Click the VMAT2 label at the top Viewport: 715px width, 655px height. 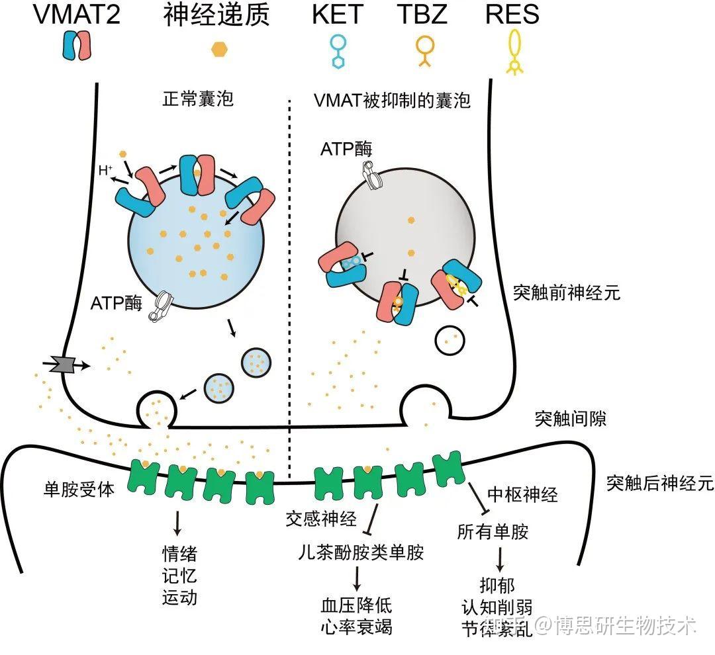click(77, 14)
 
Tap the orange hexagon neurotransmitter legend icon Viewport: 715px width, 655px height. click(219, 49)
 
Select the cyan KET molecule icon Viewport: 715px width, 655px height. click(338, 52)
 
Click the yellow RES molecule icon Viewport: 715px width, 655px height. click(515, 52)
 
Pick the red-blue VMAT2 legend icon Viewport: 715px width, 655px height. click(77, 45)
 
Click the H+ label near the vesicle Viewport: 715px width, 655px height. click(105, 171)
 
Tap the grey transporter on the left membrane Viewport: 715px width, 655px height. click(64, 364)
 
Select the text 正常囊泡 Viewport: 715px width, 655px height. click(198, 99)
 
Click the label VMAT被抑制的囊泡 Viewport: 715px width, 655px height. click(392, 101)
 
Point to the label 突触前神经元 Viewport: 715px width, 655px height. click(567, 292)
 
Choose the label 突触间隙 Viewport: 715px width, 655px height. click(571, 418)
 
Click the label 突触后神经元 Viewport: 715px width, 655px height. click(660, 483)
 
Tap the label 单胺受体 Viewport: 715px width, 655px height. click(79, 489)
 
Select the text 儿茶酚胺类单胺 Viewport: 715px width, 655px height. click(361, 552)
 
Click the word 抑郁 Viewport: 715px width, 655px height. click(497, 585)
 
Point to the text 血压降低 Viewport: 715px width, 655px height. click(357, 605)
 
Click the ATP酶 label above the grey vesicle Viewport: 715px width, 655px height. click(346, 149)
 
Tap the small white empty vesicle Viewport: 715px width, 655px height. click(450, 341)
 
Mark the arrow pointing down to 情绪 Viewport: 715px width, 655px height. click(177, 523)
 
